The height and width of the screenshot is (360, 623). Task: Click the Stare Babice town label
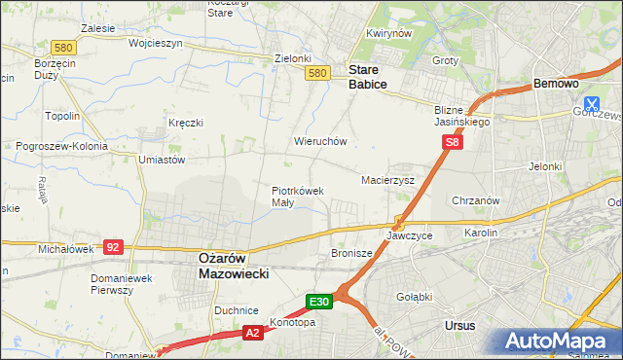point(368,78)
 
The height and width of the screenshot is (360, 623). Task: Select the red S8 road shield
point(452,143)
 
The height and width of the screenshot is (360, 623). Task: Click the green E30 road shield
point(321,303)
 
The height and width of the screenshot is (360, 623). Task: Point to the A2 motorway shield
point(251,333)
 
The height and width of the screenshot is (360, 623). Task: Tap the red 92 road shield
point(113,247)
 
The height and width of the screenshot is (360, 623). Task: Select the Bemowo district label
point(558,86)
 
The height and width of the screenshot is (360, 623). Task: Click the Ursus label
point(459,325)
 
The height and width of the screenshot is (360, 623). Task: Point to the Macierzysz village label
point(387,181)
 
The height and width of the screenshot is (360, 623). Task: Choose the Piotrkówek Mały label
point(297,197)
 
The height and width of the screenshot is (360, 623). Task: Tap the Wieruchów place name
point(320,141)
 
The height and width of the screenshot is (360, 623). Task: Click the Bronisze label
point(351,253)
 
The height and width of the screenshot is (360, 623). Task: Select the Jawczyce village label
point(409,235)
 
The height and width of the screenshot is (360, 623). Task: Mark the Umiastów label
point(162,160)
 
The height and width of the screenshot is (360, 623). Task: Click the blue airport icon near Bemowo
point(591,104)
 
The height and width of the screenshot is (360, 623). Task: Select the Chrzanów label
point(476,200)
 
